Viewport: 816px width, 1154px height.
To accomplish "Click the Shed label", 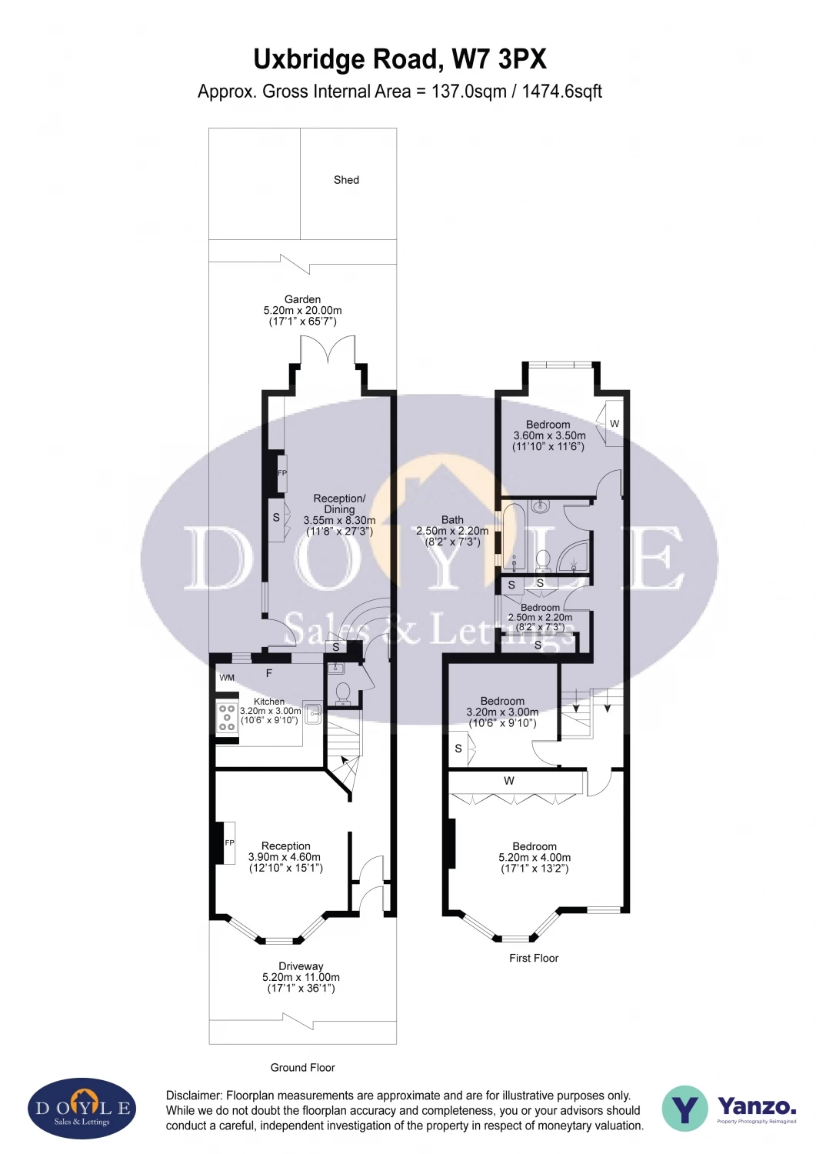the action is [346, 180].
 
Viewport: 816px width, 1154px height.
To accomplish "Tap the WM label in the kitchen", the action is [227, 678].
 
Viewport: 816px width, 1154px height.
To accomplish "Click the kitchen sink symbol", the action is [312, 713].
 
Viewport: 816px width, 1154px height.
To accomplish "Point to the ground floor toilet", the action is [342, 693].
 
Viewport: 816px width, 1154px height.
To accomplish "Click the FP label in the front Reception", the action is [229, 843].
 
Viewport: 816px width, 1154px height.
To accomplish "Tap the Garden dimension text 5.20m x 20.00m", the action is [302, 311].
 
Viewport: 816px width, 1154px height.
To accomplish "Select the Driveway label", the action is [301, 966].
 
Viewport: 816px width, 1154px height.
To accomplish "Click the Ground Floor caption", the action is [303, 1068].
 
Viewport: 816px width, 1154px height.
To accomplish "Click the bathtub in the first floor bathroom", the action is [514, 537].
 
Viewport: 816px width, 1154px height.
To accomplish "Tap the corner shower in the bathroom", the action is [575, 556].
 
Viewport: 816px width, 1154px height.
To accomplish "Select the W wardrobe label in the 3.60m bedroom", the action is [614, 423].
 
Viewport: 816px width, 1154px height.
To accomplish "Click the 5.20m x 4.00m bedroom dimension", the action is [535, 857].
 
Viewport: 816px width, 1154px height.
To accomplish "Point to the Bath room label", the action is [452, 520].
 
